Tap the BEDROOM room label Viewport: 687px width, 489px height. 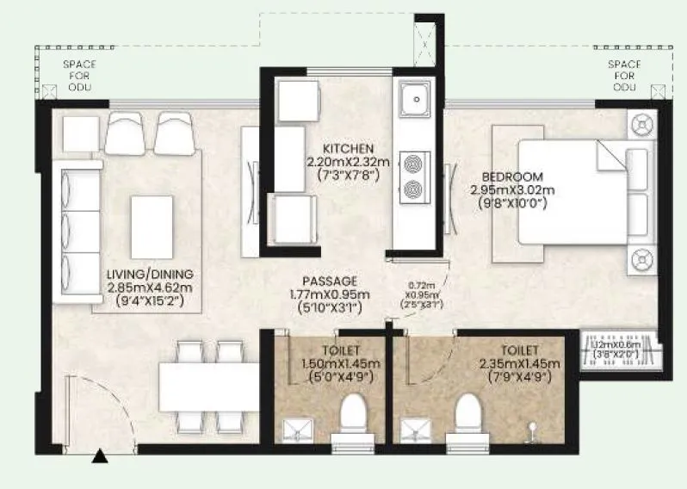[x=507, y=176]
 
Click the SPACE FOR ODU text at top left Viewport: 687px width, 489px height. [x=79, y=76]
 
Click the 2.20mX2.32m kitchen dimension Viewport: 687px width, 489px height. [x=349, y=161]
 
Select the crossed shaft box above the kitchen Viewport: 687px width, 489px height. [x=424, y=40]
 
